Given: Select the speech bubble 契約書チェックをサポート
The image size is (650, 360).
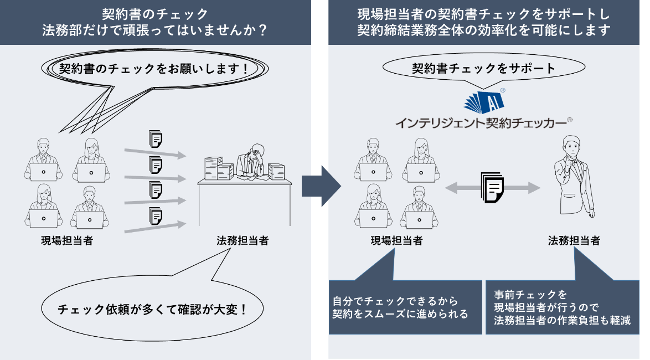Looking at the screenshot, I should tap(483, 69).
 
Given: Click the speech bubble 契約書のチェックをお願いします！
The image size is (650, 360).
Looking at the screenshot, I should tap(153, 69).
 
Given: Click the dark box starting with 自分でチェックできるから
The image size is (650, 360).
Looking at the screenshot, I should tap(405, 307).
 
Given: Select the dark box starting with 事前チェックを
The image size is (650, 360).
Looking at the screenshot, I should tap(562, 307).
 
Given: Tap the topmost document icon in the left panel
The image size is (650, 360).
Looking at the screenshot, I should tap(156, 138).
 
